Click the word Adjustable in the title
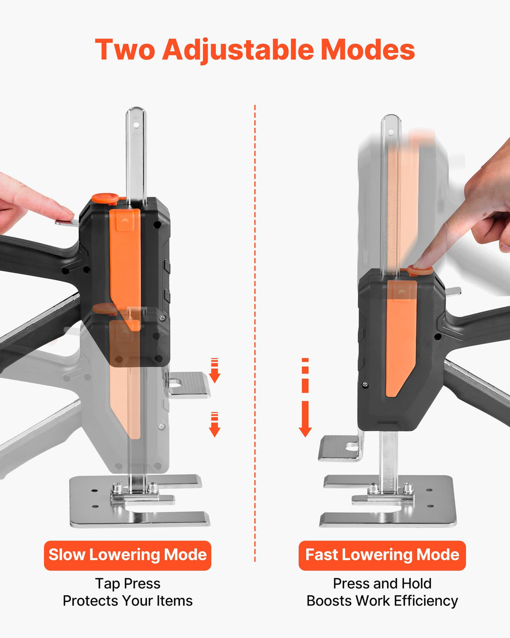[x=238, y=50]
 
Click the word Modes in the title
[x=368, y=50]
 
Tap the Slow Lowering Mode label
[x=127, y=555]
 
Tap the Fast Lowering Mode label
[x=382, y=555]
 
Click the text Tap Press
[x=127, y=584]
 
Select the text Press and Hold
[x=382, y=583]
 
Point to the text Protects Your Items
[x=127, y=601]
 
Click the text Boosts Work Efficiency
[x=382, y=601]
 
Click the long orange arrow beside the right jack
[x=305, y=397]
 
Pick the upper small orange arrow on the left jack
[x=215, y=370]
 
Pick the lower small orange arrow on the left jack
[x=215, y=424]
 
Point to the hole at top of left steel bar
[x=136, y=125]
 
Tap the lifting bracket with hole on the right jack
[x=341, y=448]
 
